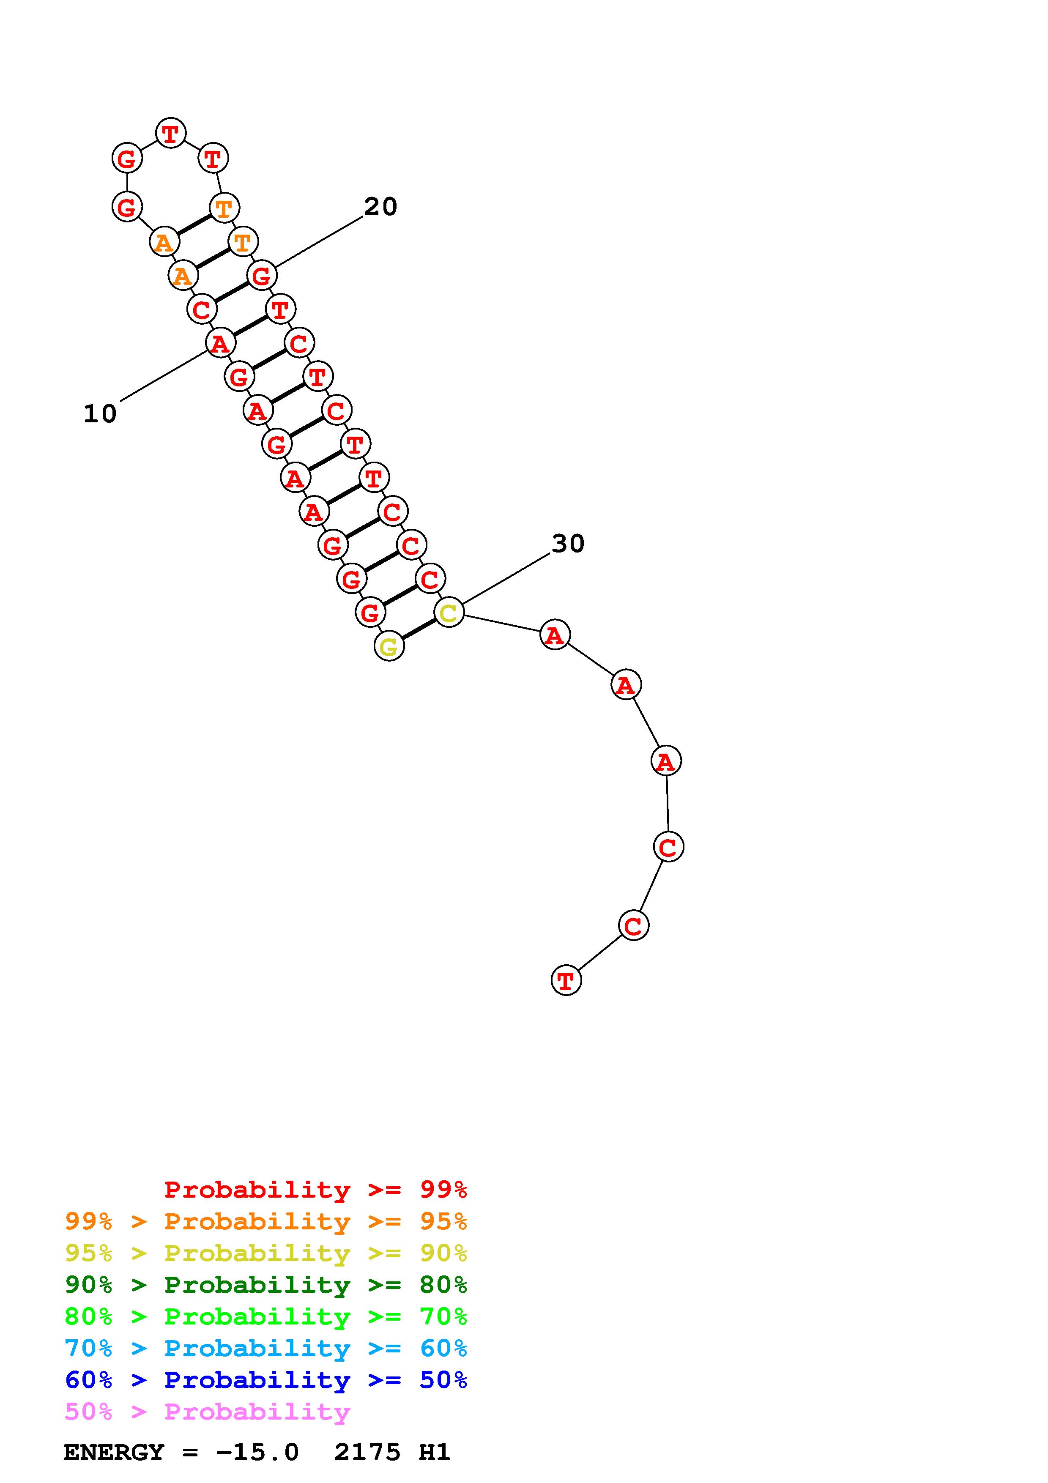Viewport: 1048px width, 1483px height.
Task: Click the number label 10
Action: click(x=100, y=413)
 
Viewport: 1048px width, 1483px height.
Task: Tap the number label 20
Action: click(x=380, y=207)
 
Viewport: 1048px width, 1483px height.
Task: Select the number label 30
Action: click(x=568, y=543)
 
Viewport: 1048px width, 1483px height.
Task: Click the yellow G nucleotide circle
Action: click(x=389, y=646)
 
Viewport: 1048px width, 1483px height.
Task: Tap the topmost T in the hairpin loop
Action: click(x=170, y=133)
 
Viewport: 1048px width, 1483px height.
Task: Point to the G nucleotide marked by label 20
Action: click(x=262, y=275)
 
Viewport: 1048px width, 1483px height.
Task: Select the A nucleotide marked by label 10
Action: click(x=220, y=343)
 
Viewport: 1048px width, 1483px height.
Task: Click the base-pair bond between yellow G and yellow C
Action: click(x=419, y=629)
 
